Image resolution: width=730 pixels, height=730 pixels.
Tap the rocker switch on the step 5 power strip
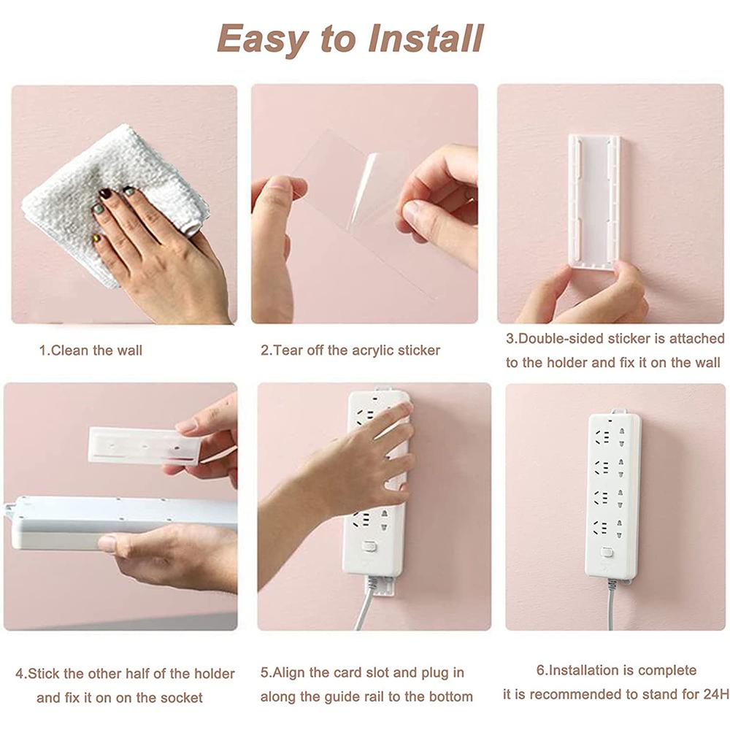pyautogui.click(x=370, y=546)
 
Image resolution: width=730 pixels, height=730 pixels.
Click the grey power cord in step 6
pyautogui.click(x=611, y=606)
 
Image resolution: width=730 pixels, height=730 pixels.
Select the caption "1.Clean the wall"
pyautogui.click(x=91, y=350)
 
